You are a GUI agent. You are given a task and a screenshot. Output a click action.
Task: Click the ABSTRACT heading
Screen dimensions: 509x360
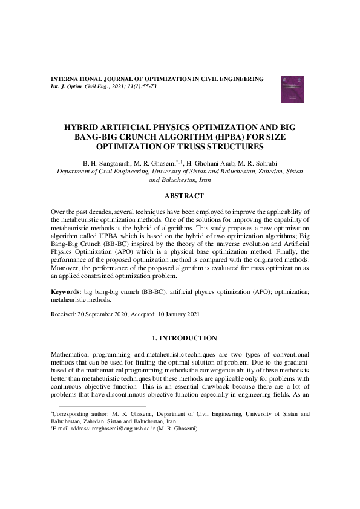[180, 195]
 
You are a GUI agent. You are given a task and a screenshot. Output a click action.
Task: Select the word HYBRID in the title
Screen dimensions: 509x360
[83, 128]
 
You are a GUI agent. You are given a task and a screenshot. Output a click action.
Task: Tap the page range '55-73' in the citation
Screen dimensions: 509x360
[146, 87]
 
